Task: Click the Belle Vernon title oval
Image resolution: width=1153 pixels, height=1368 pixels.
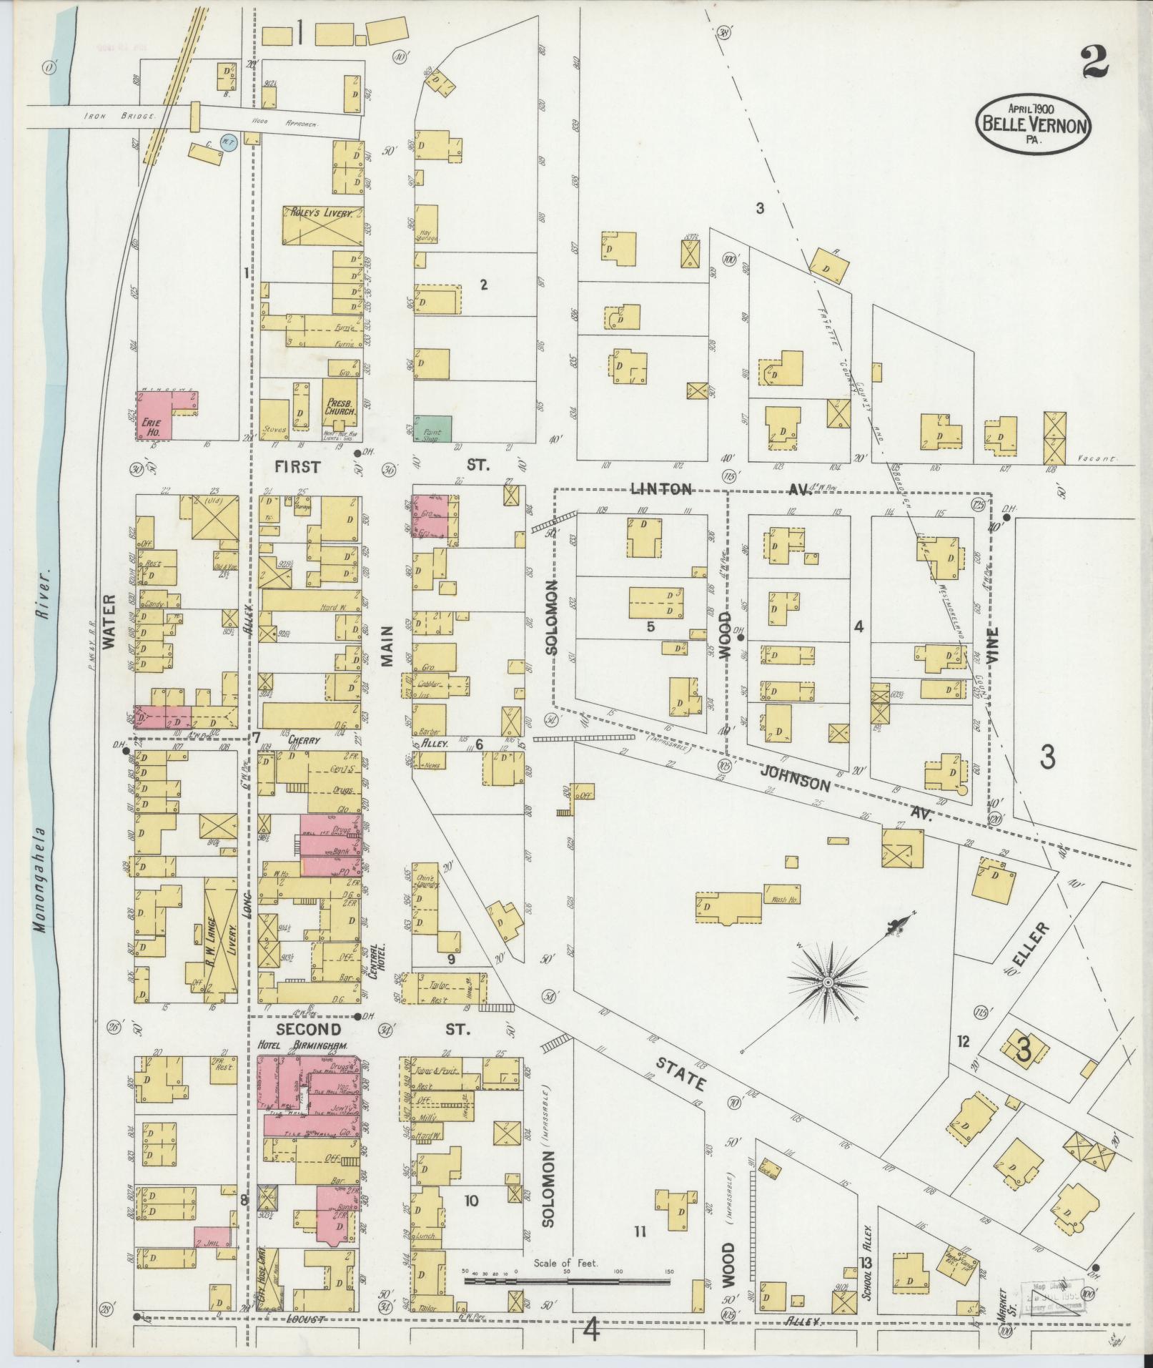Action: [1034, 122]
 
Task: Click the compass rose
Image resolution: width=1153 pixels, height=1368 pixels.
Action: [827, 983]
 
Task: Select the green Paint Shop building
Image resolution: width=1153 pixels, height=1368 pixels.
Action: [433, 428]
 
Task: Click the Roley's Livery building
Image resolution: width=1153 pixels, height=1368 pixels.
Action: [322, 226]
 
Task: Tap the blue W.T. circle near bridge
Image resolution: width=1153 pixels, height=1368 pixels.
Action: [229, 142]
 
